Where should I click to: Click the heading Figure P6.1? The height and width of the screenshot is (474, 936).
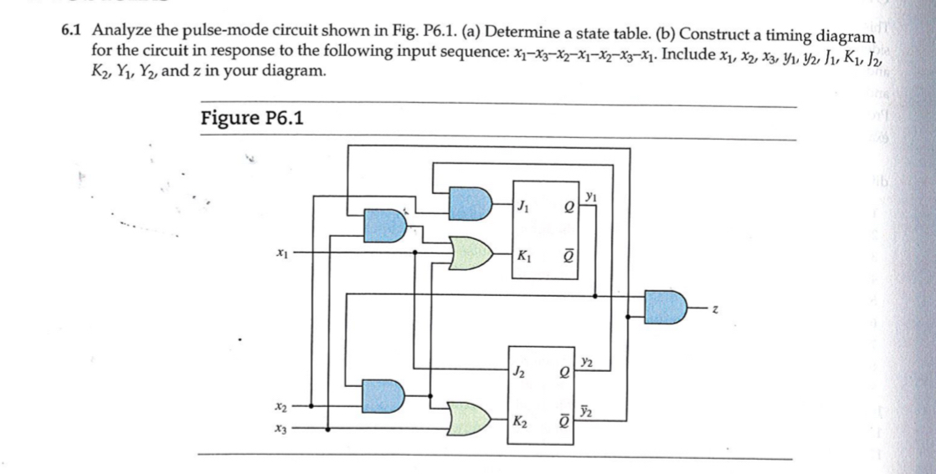click(252, 118)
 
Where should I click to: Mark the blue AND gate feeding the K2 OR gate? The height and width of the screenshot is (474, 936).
click(385, 394)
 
